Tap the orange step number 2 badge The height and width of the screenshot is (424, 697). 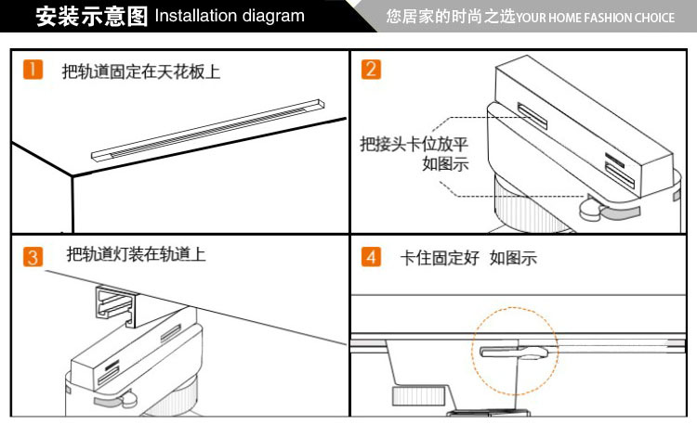click(x=371, y=70)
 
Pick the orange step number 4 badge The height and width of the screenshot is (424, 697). click(x=371, y=258)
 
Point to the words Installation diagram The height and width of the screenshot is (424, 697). click(x=230, y=16)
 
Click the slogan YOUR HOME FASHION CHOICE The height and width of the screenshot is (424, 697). click(x=596, y=18)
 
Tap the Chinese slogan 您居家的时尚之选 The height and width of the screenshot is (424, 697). click(x=450, y=17)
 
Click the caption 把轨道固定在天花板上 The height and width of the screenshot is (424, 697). click(x=141, y=71)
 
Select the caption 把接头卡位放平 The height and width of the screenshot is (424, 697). click(x=414, y=145)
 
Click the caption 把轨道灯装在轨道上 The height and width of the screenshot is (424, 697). click(x=136, y=254)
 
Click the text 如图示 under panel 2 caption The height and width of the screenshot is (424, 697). click(x=445, y=164)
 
